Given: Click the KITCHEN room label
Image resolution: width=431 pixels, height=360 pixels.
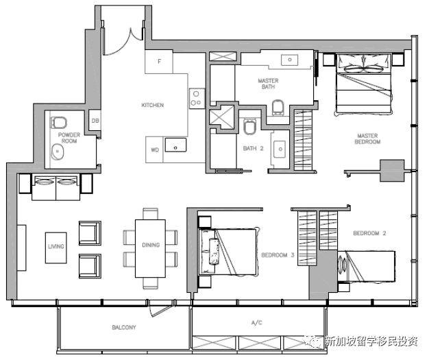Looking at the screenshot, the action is tap(153, 105).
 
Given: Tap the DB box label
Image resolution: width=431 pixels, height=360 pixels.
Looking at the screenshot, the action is tap(95, 121).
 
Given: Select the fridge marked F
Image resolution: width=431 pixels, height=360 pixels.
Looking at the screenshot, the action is tap(159, 62).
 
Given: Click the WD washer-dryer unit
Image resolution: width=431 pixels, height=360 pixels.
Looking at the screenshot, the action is tap(154, 149).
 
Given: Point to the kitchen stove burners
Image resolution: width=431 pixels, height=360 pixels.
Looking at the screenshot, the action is tap(197, 99).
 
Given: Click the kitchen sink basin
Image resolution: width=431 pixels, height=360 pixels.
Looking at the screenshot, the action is tap(175, 145).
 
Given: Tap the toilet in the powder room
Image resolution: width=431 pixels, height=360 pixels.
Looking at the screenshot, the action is tap(58, 123).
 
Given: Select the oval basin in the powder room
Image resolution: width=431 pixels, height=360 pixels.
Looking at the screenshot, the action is tap(58, 152).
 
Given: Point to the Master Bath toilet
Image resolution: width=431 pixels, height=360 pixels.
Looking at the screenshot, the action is tap(278, 107).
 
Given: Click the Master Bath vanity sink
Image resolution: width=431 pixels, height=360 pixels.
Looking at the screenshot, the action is tap(289, 60).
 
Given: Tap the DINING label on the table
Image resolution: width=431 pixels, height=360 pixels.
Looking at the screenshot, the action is tap(151, 245).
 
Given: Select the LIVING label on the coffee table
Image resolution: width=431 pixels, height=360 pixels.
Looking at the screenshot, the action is tap(56, 246).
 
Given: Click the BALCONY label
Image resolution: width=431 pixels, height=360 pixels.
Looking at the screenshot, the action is tap(124, 327).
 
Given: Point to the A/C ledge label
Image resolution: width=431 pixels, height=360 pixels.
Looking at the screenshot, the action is tap(257, 322).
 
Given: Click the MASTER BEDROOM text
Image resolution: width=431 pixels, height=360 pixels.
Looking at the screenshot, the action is tap(367, 139).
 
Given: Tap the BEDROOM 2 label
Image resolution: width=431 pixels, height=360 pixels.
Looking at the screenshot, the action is tap(369, 233).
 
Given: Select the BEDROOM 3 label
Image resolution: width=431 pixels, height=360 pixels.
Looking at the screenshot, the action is tap(278, 255).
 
